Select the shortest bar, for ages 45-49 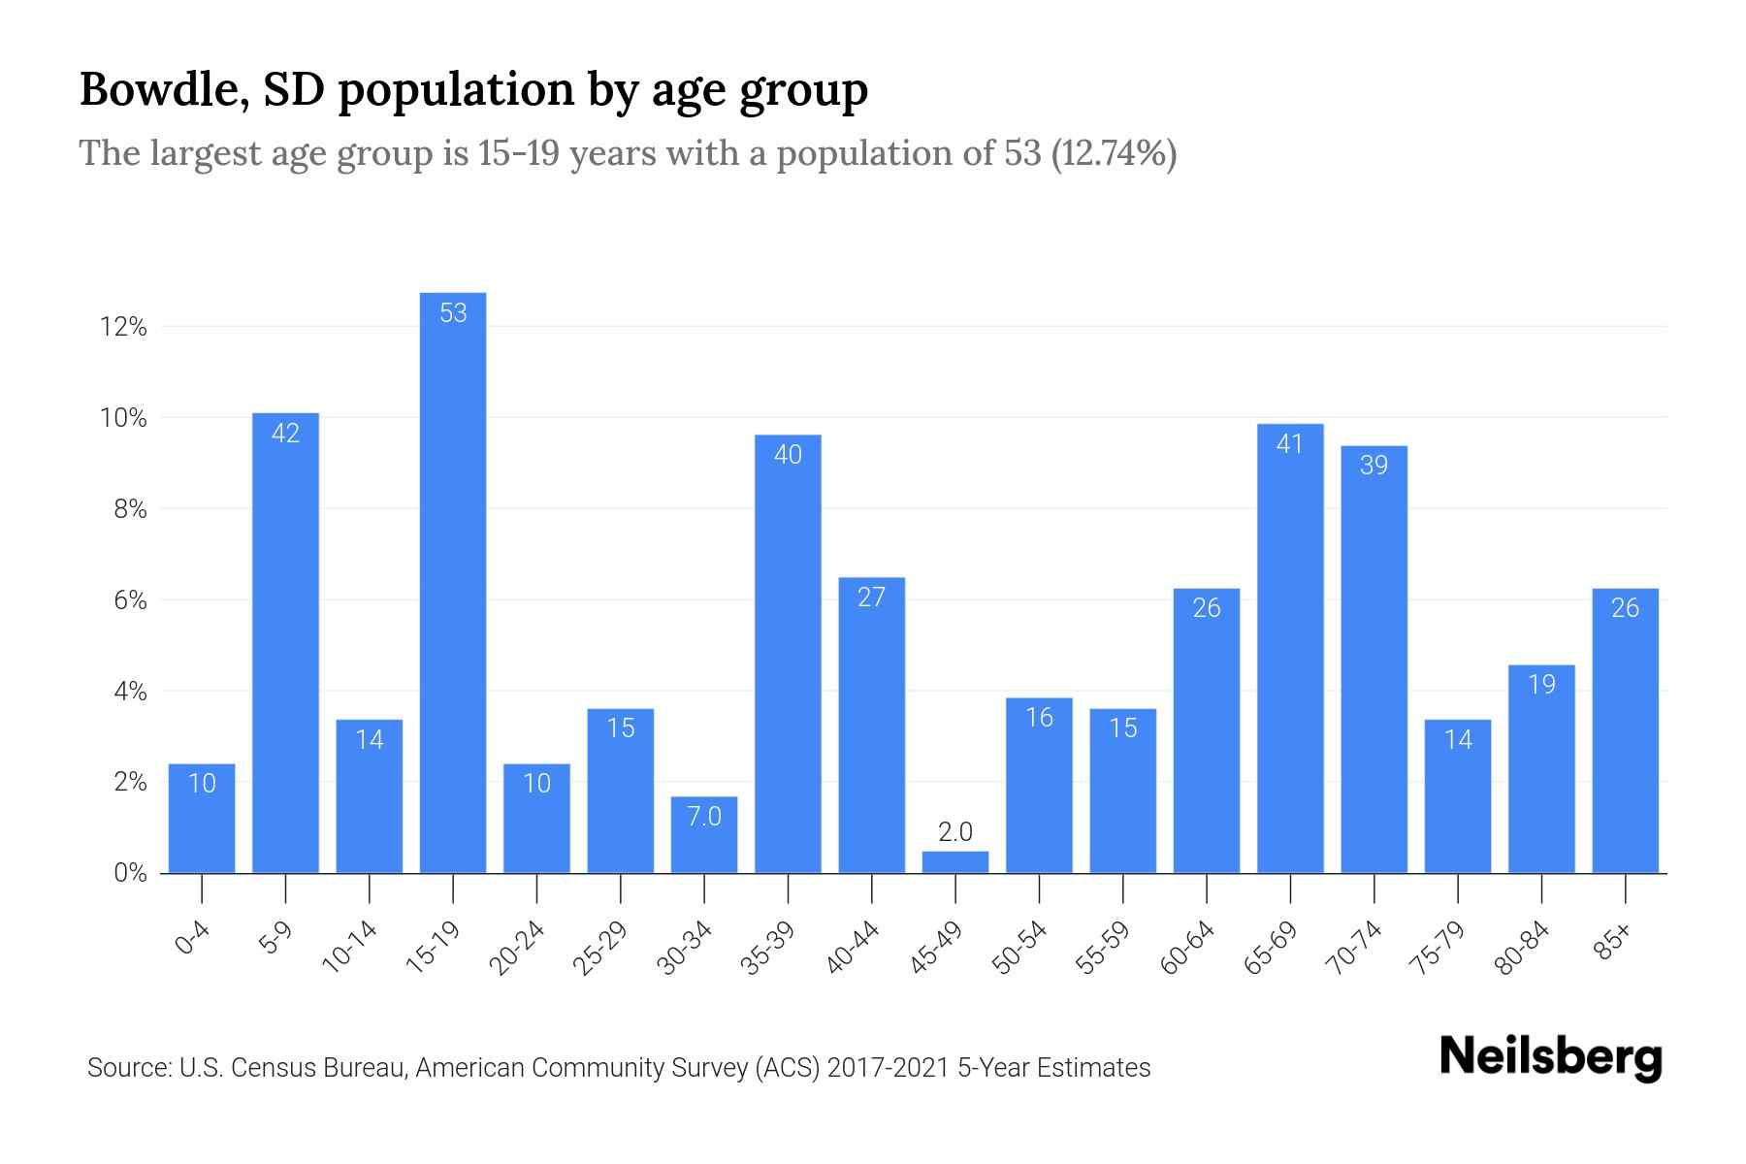tap(955, 862)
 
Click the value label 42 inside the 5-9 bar tap(285, 434)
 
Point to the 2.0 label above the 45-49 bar tap(955, 831)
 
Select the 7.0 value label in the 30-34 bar tap(704, 817)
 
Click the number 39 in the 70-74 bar tap(1374, 466)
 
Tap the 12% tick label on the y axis tap(123, 327)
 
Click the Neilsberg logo tap(1551, 1056)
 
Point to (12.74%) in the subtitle tap(1114, 153)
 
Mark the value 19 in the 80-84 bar tap(1541, 685)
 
